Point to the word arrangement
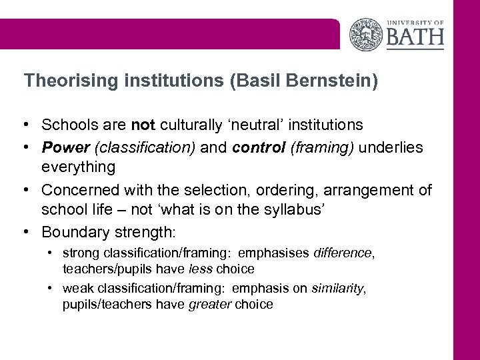373,191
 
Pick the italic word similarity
339,288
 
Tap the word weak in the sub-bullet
76,288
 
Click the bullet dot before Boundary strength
28,233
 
